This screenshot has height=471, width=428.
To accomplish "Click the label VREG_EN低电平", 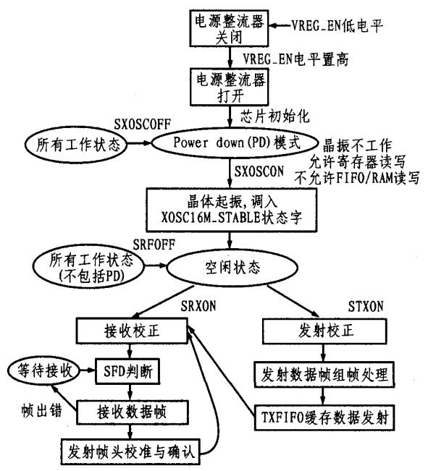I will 330,25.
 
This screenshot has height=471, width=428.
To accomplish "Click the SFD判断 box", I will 136,375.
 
